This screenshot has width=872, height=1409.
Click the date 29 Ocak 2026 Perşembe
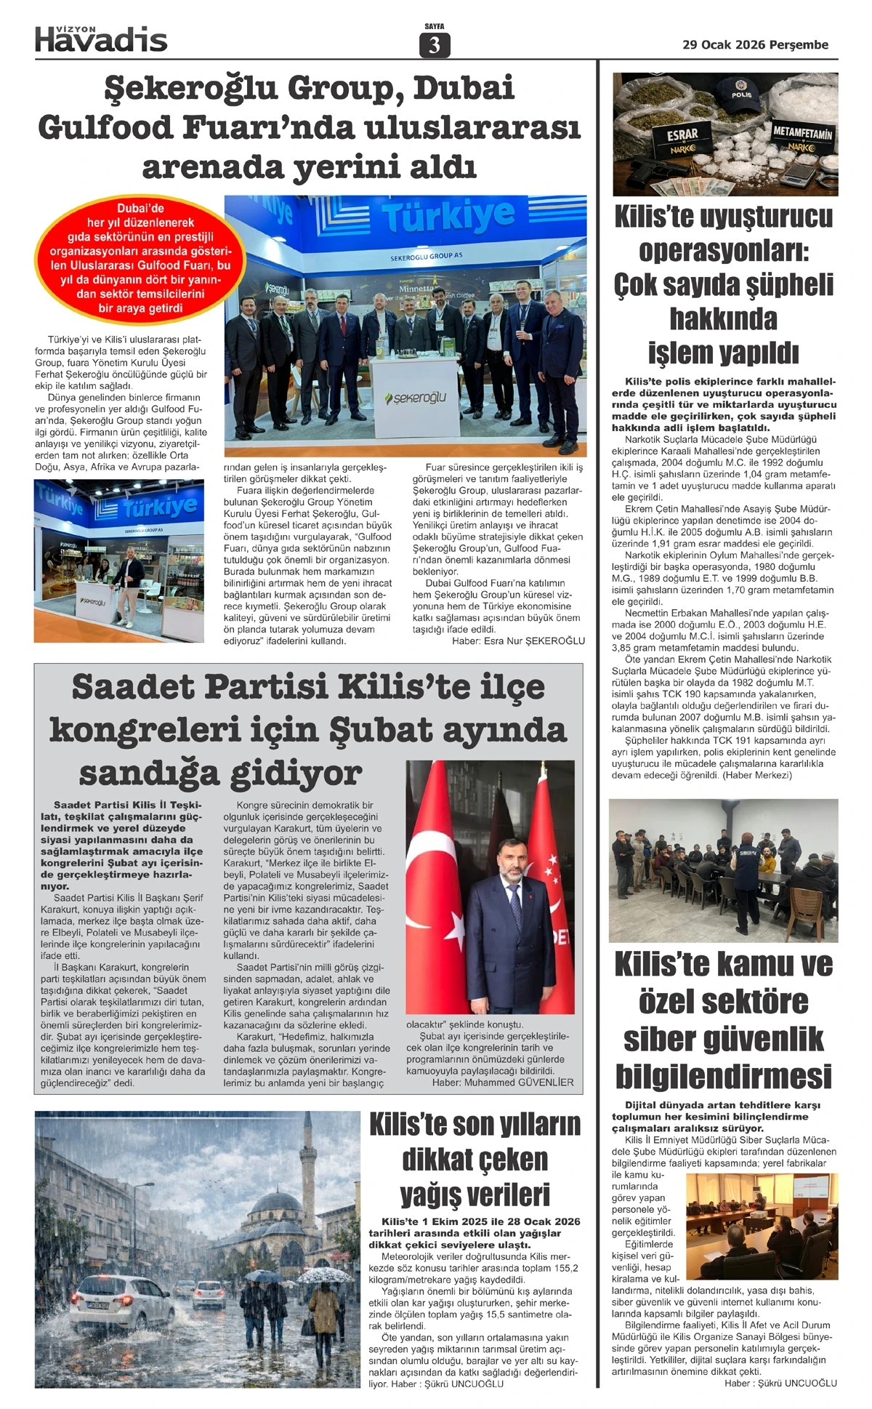point(755,44)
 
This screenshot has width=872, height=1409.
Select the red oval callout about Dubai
point(140,259)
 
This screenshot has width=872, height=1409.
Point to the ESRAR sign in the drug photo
point(682,136)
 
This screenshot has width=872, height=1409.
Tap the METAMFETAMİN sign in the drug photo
point(802,134)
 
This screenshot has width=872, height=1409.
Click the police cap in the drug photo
point(740,92)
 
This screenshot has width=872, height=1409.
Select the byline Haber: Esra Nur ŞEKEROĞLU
point(518,641)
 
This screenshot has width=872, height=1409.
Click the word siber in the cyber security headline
point(663,1039)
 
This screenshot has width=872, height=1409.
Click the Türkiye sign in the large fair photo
point(448,216)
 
